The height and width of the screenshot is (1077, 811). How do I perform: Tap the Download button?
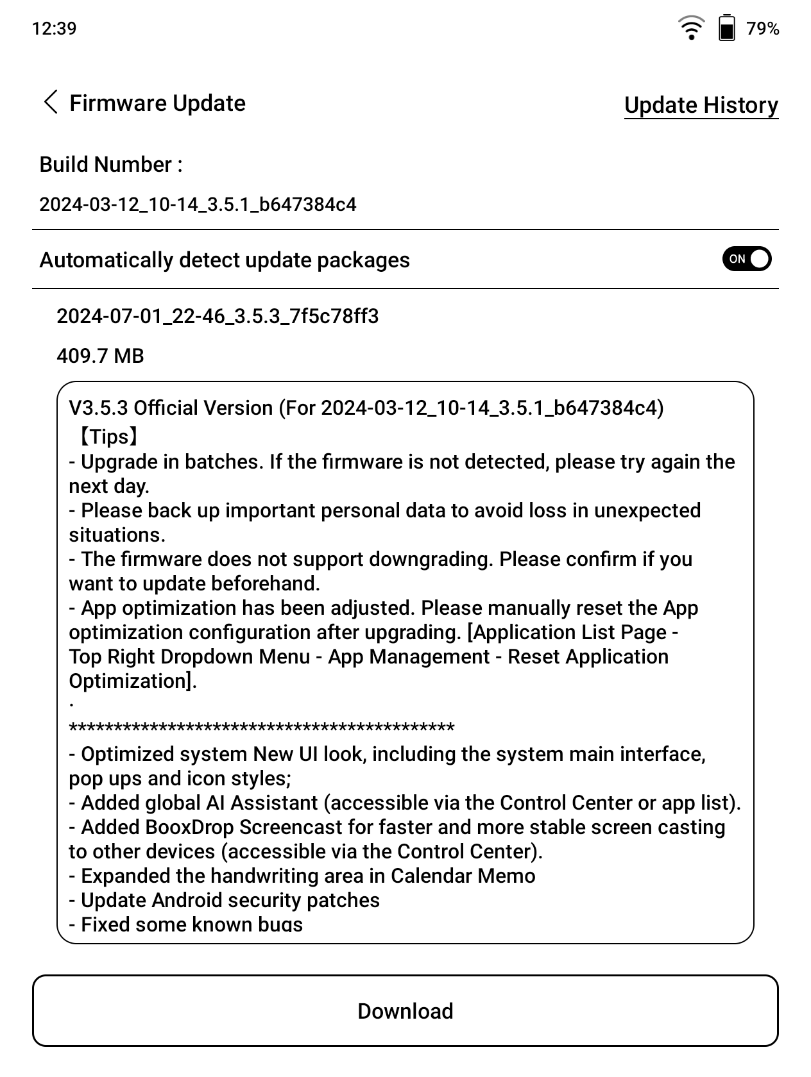[x=405, y=1011]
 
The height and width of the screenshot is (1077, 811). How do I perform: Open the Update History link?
[x=701, y=105]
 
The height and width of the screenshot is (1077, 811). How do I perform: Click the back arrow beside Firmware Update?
[x=51, y=103]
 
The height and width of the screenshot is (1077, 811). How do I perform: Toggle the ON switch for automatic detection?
[x=746, y=259]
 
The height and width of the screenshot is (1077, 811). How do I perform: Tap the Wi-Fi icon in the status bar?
[x=690, y=28]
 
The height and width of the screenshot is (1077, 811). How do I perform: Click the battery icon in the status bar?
[x=726, y=28]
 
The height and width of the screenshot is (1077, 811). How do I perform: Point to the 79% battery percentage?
[x=763, y=29]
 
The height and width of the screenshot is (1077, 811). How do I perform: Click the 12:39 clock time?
[x=54, y=28]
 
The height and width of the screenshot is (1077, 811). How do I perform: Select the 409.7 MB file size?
[x=100, y=356]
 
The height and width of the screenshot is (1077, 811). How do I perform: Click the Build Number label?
[x=111, y=165]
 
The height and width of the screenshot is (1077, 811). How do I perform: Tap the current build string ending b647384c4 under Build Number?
[x=198, y=205]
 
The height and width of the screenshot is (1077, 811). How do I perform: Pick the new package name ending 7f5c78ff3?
[x=218, y=316]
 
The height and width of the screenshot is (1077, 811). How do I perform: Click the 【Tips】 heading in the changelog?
[x=107, y=437]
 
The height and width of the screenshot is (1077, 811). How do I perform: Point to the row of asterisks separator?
[x=262, y=728]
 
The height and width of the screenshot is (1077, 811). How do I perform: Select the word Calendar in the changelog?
[x=429, y=876]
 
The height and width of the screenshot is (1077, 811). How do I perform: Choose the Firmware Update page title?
[x=157, y=103]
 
